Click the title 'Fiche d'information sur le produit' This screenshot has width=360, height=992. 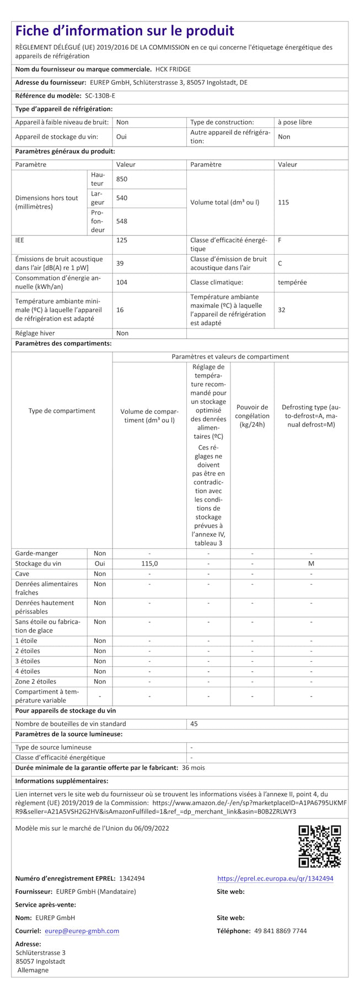pyautogui.click(x=125, y=31)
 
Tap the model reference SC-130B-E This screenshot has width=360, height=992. pyautogui.click(x=100, y=96)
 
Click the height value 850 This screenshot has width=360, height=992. pyautogui.click(x=122, y=179)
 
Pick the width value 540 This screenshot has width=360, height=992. pyautogui.click(x=122, y=198)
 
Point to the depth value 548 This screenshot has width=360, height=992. pyautogui.click(x=122, y=221)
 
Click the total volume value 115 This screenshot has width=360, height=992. pyautogui.click(x=283, y=202)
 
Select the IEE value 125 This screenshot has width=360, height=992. pyautogui.click(x=122, y=240)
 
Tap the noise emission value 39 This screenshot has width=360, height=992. pyautogui.click(x=120, y=263)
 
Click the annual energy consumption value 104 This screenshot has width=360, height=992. pyautogui.click(x=122, y=282)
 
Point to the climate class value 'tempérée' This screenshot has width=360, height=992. pyautogui.click(x=292, y=282)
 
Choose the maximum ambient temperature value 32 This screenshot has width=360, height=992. pyautogui.click(x=282, y=310)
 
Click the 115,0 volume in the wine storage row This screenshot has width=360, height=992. pyautogui.click(x=149, y=564)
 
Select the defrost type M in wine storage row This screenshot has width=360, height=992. pyautogui.click(x=311, y=564)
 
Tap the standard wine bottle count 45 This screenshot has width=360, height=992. pyautogui.click(x=194, y=724)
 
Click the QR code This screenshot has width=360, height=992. pyautogui.click(x=319, y=847)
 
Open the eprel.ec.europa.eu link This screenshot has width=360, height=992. pyautogui.click(x=275, y=878)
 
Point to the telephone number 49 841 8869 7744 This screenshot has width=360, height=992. pyautogui.click(x=281, y=931)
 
